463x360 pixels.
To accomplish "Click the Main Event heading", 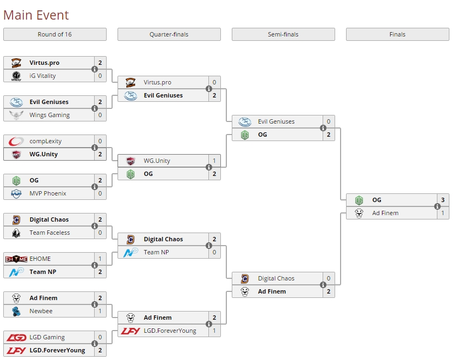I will tap(36, 15).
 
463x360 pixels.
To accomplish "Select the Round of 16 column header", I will tap(54, 34).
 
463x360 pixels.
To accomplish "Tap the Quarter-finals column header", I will tap(169, 34).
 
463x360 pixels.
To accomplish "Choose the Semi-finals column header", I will tap(283, 34).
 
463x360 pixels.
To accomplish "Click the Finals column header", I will tap(397, 34).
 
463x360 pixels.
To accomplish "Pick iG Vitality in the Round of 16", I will tap(42, 76).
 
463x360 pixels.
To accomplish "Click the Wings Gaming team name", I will tap(50, 115).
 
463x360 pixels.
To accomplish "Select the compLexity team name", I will tap(46, 141).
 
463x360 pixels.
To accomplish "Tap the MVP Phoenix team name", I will tap(48, 193).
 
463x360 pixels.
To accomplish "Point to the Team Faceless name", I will tap(50, 233).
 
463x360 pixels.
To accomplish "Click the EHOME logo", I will tap(16, 259).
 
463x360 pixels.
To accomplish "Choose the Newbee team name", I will tap(41, 311).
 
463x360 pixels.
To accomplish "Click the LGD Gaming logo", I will tap(16, 337).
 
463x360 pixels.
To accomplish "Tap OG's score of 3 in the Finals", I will tap(443, 200).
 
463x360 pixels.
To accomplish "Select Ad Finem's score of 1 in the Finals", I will tap(443, 213).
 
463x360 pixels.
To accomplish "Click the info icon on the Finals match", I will tap(437, 206).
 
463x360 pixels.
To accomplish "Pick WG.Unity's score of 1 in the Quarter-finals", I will tap(214, 161).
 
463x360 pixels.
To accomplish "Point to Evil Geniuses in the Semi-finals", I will tap(276, 121).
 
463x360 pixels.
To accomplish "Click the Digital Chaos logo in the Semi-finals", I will tap(245, 278).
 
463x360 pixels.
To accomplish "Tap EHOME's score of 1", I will tap(100, 259).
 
